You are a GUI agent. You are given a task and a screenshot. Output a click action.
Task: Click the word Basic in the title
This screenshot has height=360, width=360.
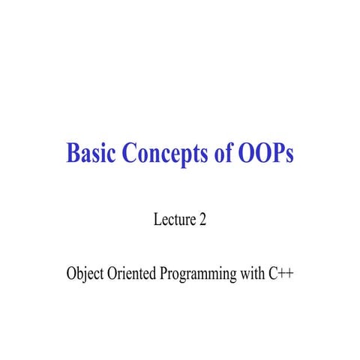pyautogui.click(x=91, y=153)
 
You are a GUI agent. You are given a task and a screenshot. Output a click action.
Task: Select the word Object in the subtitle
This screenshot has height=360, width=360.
pyautogui.click(x=85, y=274)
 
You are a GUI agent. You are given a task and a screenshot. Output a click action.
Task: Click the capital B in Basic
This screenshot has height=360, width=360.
pyautogui.click(x=73, y=153)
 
